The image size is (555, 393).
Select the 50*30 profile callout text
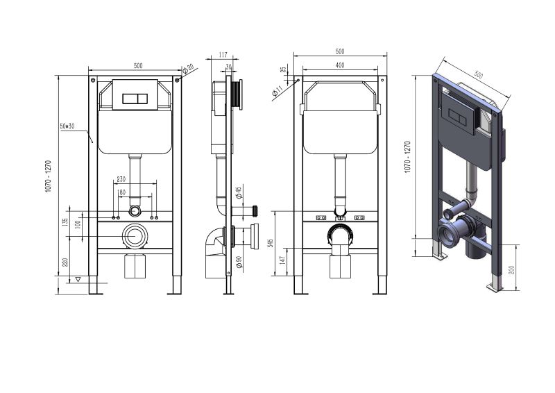67,126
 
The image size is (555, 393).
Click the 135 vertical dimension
65,223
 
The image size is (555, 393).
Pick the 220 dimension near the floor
65,262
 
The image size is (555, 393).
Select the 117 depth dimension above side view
223,55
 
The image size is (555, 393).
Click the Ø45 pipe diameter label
239,192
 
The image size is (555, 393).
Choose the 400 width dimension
339,65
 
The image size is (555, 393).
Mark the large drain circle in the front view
135,237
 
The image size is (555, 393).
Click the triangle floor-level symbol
78,279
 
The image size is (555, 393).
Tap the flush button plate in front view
135,98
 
